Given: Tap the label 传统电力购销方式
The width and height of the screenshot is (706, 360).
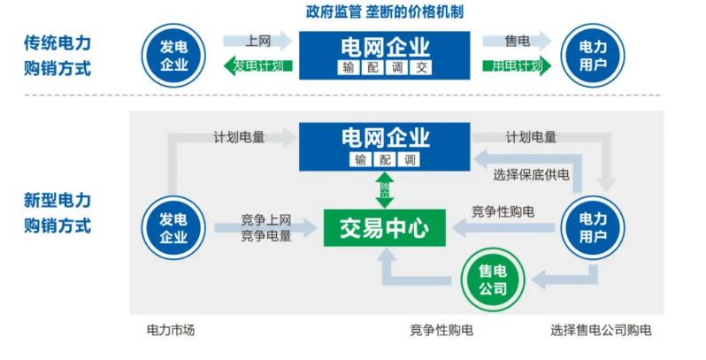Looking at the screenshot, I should [x=58, y=55].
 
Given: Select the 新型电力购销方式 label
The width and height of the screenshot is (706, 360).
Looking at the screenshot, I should [x=58, y=213].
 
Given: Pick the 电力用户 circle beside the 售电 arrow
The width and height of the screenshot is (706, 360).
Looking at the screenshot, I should [x=593, y=55].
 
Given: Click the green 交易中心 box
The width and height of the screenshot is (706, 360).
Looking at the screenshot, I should [x=385, y=229].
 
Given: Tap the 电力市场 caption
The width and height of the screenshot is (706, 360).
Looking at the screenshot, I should [x=170, y=331].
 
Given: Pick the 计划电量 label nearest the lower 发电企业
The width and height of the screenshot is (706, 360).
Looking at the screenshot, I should [x=239, y=137].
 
